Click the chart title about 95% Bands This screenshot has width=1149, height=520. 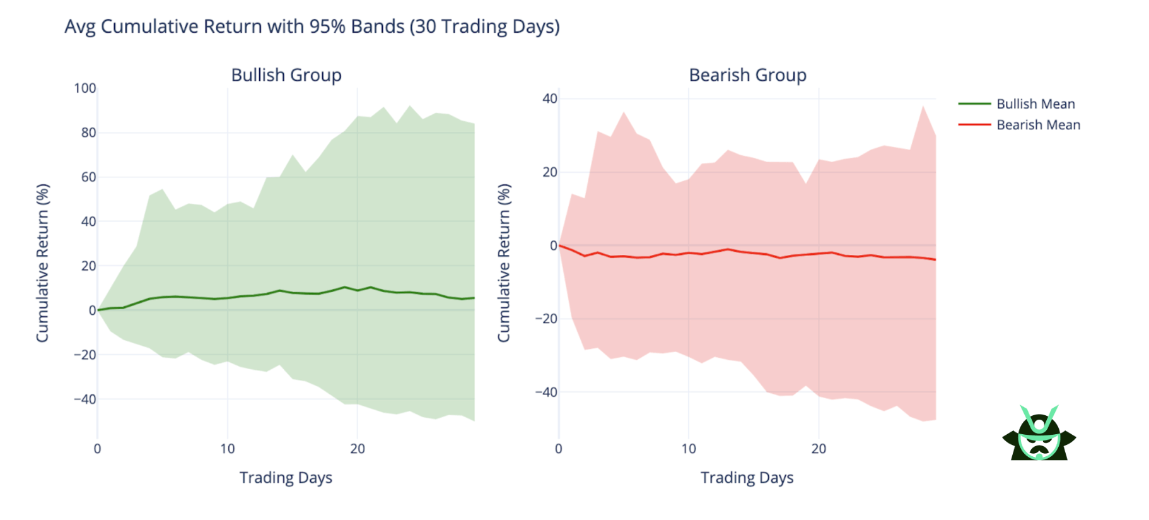[312, 27]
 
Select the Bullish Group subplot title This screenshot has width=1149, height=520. [286, 75]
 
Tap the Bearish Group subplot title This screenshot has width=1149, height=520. [747, 75]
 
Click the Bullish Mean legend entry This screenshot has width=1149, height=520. [1035, 103]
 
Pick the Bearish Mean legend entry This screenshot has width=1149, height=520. [1037, 125]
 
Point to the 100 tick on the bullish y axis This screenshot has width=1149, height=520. [85, 88]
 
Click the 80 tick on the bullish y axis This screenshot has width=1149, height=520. [88, 133]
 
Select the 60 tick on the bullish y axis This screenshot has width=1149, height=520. [88, 177]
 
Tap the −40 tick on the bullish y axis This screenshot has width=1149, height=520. [85, 399]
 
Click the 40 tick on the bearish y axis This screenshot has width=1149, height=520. [549, 98]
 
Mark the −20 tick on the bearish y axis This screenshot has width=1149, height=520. [546, 319]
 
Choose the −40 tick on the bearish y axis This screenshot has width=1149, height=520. [546, 392]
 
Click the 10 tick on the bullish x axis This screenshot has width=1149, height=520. [228, 449]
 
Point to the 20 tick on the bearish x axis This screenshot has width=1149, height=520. [819, 449]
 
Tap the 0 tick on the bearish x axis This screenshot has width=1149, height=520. [559, 449]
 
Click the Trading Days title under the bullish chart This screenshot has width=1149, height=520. [286, 478]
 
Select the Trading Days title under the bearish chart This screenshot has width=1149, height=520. [747, 478]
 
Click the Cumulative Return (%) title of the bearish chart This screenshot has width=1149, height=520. [503, 263]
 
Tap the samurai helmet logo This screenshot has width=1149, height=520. [1039, 434]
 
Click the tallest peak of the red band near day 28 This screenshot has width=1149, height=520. [923, 107]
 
